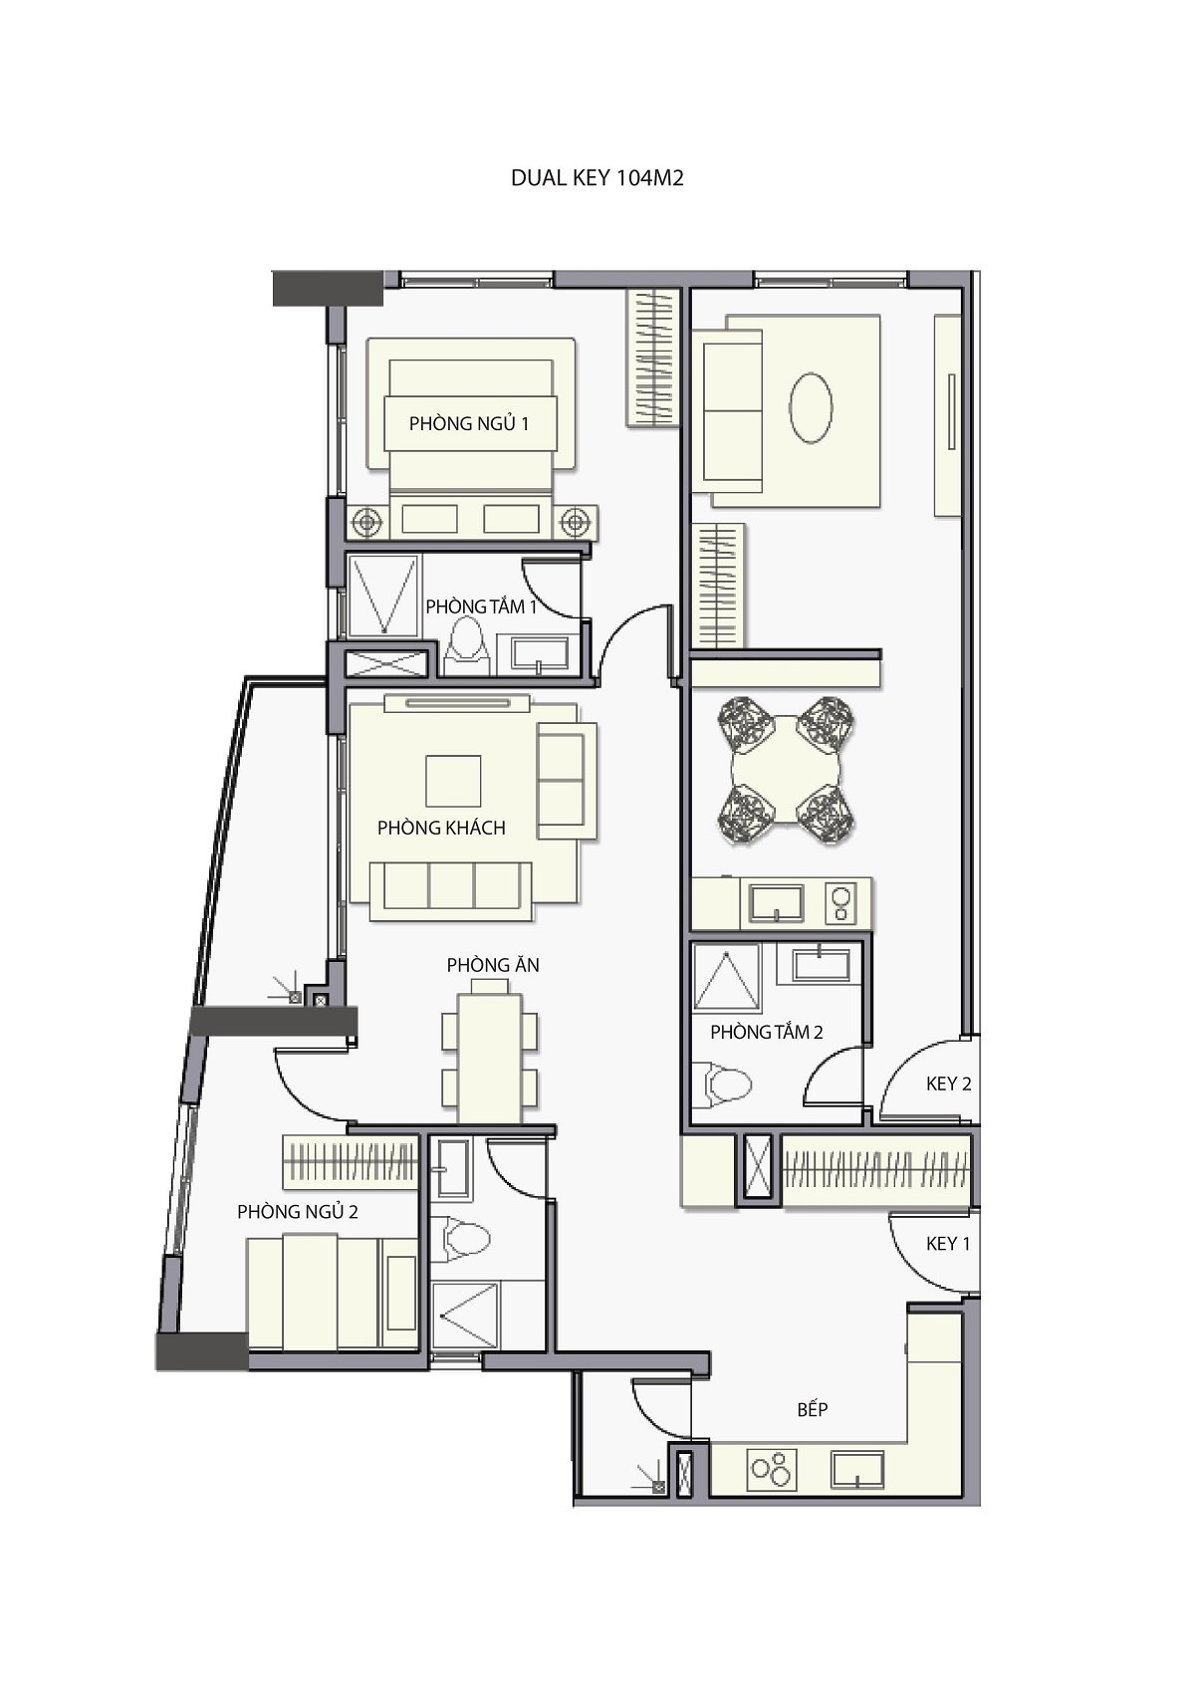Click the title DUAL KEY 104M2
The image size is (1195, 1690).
tap(597, 178)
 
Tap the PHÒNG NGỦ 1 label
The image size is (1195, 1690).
tap(468, 423)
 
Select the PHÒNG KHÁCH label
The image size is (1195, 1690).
tap(441, 828)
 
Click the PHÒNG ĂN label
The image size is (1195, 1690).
tap(493, 965)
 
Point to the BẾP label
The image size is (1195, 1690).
tap(813, 1408)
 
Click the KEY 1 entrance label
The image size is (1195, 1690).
tap(948, 1244)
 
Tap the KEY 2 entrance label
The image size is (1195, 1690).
tap(948, 1084)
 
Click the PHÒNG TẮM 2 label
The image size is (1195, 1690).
tap(767, 1032)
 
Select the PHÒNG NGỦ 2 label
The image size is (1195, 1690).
tap(297, 1212)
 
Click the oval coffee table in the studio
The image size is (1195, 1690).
tap(811, 408)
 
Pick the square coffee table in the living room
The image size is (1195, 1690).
tap(453, 781)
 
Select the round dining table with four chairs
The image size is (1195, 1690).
tap(786, 770)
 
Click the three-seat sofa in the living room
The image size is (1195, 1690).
tap(451, 891)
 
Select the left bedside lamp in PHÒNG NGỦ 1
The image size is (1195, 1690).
tap(366, 522)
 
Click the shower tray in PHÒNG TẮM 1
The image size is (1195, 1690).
tap(383, 596)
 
